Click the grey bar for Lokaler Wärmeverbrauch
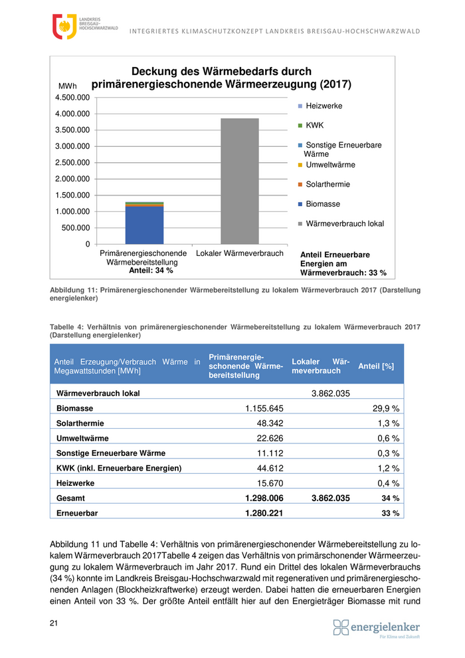point(240,181)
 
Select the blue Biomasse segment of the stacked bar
point(144,226)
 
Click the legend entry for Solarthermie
point(327,184)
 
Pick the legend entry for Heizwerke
point(324,106)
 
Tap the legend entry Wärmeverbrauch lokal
point(344,224)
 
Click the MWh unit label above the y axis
point(68,86)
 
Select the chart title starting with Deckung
point(221,78)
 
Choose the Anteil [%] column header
point(376,366)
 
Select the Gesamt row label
point(71,498)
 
